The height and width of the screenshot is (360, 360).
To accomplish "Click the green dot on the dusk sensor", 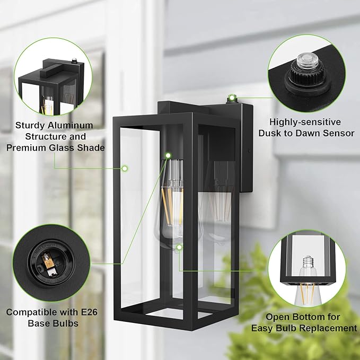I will point(231,98).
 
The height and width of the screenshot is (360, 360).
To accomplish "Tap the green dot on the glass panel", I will point(125,169).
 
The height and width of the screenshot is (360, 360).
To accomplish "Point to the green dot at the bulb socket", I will point(168,155).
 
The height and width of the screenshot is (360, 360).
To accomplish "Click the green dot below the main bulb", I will point(179,247).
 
